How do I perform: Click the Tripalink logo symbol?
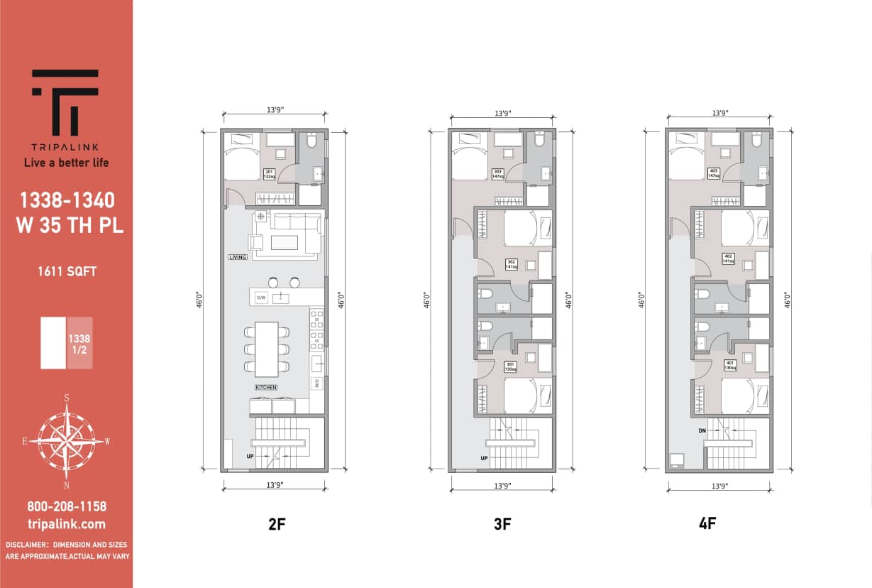65,102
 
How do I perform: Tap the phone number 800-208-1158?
67,506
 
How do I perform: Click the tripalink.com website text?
67,524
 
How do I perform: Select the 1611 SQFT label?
67,271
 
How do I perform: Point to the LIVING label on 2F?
238,257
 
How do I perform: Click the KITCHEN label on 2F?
266,387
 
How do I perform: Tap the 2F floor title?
277,525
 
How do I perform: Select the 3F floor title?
502,525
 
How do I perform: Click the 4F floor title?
707,525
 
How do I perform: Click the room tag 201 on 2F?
269,174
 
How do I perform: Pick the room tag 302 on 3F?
511,264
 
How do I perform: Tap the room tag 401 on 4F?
729,366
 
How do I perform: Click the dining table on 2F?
267,349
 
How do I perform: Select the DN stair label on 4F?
702,431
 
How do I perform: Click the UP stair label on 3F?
484,458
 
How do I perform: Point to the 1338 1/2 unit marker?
79,343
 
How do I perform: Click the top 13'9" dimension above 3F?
502,113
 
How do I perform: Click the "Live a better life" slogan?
67,163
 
